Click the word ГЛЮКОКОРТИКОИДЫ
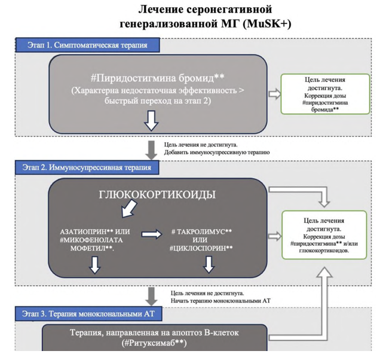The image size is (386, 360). tap(157, 195)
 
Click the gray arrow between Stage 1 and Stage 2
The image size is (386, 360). tap(151, 147)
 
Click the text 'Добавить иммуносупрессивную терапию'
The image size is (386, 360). tap(219, 152)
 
